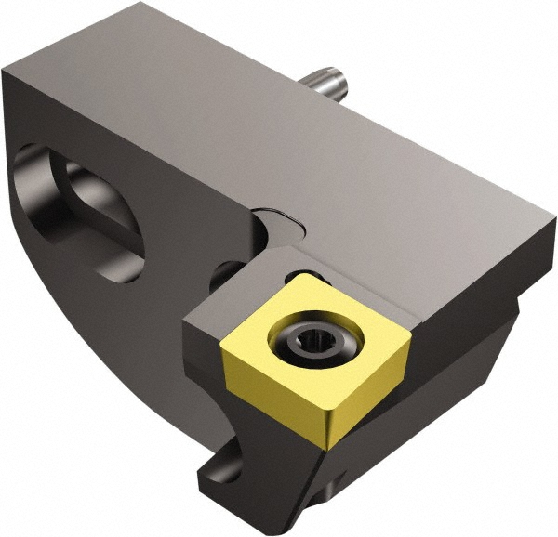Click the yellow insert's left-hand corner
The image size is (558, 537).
point(223,345)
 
